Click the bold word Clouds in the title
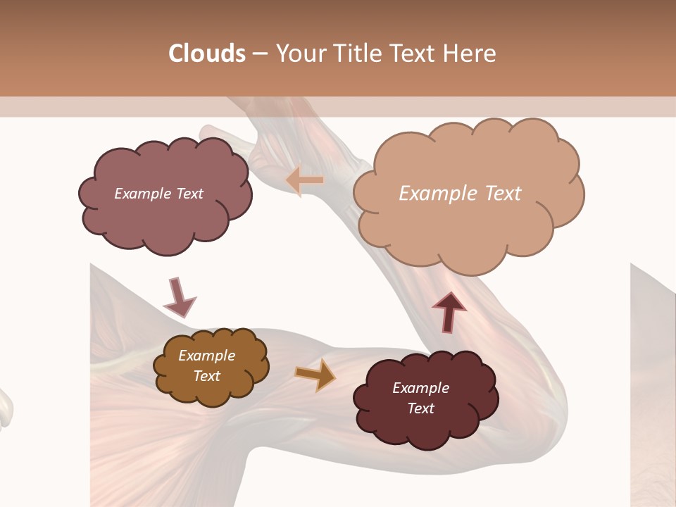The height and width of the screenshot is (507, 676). click(207, 54)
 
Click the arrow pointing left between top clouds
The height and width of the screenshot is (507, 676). click(305, 181)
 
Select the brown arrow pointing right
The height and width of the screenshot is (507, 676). click(315, 374)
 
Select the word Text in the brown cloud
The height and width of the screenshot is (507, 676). click(207, 376)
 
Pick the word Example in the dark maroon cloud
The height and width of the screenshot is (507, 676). click(420, 388)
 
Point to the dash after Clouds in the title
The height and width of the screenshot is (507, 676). click(260, 54)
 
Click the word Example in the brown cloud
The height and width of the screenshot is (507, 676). click(207, 356)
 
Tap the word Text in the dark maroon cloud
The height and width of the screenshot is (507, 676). click(420, 408)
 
